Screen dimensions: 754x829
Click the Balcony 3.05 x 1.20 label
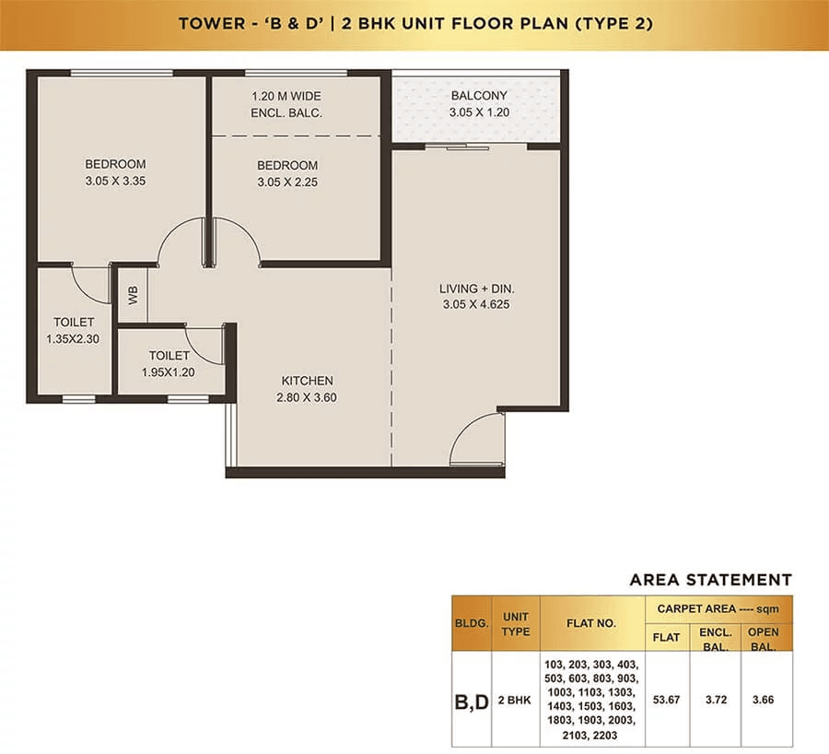[x=478, y=104]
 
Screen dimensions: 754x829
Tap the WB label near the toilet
[x=133, y=295]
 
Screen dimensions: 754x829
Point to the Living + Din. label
[x=476, y=289]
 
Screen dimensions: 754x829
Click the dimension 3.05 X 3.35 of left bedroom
[x=114, y=181]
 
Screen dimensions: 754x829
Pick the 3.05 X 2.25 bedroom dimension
[x=287, y=182]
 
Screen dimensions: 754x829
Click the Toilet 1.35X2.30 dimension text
[x=73, y=339]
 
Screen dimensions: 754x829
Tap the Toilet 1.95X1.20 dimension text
[x=169, y=372]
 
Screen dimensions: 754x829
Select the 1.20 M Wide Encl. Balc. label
[x=286, y=104]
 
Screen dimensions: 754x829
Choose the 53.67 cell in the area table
[x=666, y=700]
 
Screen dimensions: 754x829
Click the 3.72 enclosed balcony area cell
[x=716, y=700]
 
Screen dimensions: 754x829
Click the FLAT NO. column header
[x=590, y=623]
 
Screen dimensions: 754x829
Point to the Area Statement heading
[x=709, y=580]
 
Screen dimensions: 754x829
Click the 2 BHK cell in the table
[x=515, y=700]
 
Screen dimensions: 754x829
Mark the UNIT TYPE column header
[x=515, y=623]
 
